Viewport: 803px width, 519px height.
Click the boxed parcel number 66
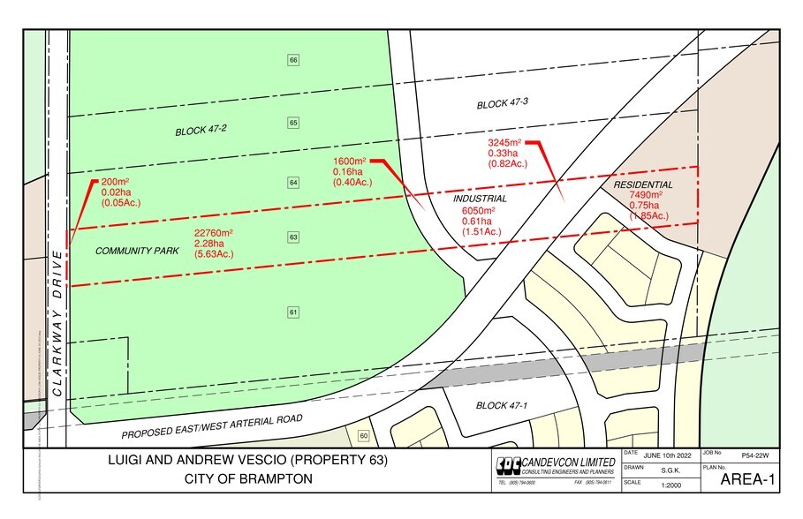tap(293, 60)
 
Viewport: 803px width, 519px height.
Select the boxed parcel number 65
tap(293, 123)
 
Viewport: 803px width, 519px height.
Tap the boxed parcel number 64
tap(293, 183)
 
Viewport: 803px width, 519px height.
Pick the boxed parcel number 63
tap(293, 237)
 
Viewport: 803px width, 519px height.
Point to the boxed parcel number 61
tap(293, 312)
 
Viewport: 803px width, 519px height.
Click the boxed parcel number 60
tap(363, 436)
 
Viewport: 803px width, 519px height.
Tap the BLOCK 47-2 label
tap(202, 131)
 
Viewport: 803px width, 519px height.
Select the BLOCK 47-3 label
tap(502, 104)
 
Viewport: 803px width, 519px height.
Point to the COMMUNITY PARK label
tap(137, 252)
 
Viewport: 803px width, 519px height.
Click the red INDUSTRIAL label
tap(480, 199)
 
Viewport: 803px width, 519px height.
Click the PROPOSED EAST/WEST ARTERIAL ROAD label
tap(212, 425)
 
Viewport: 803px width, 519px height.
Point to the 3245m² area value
tap(505, 142)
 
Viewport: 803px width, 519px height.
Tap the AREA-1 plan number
tap(747, 481)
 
